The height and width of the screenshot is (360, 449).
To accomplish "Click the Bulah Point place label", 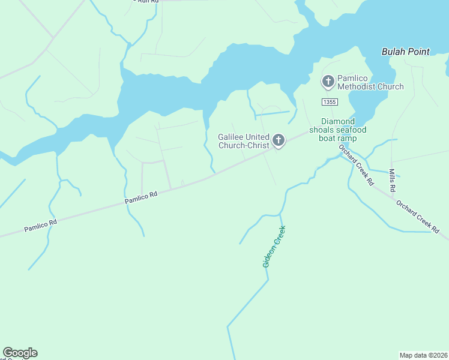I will point(405,52).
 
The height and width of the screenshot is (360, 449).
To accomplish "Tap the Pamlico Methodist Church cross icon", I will point(328,81).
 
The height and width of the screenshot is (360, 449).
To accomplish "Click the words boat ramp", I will point(338,139).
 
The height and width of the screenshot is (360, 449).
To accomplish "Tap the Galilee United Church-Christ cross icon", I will point(278,140).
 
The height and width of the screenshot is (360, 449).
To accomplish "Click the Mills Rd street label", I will point(392,181).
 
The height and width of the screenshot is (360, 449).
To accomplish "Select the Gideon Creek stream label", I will point(274,247).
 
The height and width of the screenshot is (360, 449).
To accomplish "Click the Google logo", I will point(20,353).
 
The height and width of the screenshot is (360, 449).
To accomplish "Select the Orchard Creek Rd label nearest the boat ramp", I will point(356,164).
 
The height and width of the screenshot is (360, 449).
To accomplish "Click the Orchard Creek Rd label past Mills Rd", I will point(418,217).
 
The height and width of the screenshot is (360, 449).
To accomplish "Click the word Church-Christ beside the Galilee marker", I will point(244,145).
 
